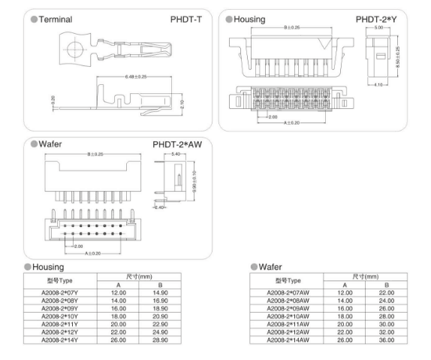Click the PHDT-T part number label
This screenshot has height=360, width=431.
[185, 20]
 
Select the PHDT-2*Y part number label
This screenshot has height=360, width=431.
[376, 20]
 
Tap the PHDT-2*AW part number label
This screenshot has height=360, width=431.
[177, 144]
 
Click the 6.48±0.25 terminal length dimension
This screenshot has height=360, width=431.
[136, 77]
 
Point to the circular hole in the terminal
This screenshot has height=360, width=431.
[75, 50]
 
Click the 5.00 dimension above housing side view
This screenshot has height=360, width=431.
[378, 28]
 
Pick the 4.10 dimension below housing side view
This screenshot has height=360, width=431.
[378, 85]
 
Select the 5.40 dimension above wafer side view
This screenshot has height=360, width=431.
[176, 154]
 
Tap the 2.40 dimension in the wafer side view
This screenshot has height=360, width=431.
[159, 207]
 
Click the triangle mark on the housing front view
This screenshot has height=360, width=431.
[324, 43]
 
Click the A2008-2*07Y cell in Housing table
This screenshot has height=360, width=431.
[59, 292]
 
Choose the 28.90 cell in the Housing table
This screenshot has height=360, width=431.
[160, 340]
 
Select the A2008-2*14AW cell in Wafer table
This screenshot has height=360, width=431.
[288, 340]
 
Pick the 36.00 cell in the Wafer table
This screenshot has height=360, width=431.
[387, 340]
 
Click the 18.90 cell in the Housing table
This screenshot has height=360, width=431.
[160, 309]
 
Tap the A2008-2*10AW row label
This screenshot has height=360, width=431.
[288, 316]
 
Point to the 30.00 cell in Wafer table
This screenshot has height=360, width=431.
[387, 324]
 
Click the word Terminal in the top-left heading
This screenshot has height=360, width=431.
[56, 20]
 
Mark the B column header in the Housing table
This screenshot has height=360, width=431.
[160, 285]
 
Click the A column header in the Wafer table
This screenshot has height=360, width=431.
[345, 285]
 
